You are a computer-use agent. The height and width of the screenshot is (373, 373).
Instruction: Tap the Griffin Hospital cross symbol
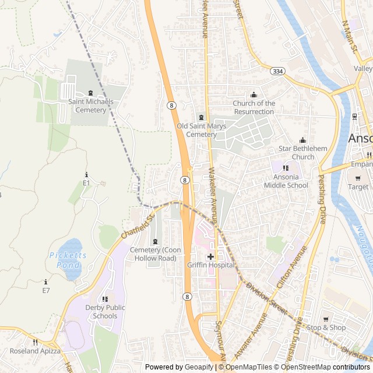pyautogui.click(x=210, y=256)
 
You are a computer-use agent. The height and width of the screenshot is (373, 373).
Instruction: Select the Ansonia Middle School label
pyautogui.click(x=286, y=181)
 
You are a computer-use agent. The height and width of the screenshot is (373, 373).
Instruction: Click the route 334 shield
pyautogui.click(x=278, y=71)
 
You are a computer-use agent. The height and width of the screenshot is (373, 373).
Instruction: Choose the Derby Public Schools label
pyautogui.click(x=105, y=312)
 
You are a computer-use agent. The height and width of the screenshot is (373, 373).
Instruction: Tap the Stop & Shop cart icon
pyautogui.click(x=326, y=319)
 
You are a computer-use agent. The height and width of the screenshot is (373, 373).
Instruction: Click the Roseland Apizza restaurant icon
pyautogui.click(x=36, y=342)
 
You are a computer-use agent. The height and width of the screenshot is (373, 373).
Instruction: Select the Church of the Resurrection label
pyautogui.click(x=254, y=107)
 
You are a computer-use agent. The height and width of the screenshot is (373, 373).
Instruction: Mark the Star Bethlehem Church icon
pyautogui.click(x=302, y=140)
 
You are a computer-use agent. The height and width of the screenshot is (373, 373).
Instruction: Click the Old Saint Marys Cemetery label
pyautogui.click(x=201, y=130)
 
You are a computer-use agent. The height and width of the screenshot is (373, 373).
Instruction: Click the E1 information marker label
pyautogui.click(x=86, y=183)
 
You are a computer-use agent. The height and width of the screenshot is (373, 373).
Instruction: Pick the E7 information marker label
pyautogui.click(x=46, y=290)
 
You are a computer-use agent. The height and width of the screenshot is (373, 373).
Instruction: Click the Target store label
pyautogui.click(x=358, y=187)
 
